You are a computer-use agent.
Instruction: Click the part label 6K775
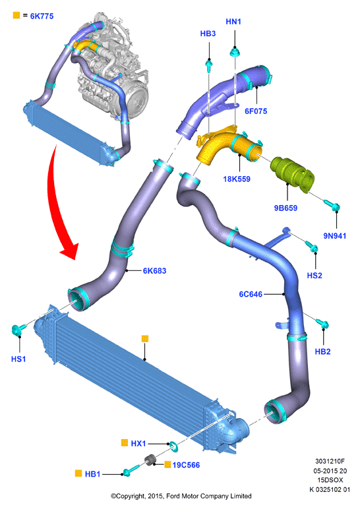click(42, 16)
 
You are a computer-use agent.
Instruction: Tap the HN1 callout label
click(233, 22)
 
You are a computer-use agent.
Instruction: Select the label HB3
click(208, 34)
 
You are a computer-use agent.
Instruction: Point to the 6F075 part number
click(256, 111)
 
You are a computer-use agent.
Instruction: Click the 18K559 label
click(237, 179)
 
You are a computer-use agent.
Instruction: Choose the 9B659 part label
click(285, 208)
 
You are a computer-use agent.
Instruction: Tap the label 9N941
click(335, 236)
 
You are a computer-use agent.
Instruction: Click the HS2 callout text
click(315, 276)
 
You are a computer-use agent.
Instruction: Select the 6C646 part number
click(251, 295)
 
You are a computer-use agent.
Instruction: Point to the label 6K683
click(154, 271)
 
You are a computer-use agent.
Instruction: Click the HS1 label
click(18, 359)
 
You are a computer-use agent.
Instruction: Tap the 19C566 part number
click(186, 465)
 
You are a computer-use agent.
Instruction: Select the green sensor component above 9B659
click(293, 175)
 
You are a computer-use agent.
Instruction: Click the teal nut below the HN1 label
click(234, 52)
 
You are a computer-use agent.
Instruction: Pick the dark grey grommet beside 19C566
click(150, 460)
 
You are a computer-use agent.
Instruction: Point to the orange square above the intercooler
click(145, 339)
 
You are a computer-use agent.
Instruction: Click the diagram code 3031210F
click(330, 462)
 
